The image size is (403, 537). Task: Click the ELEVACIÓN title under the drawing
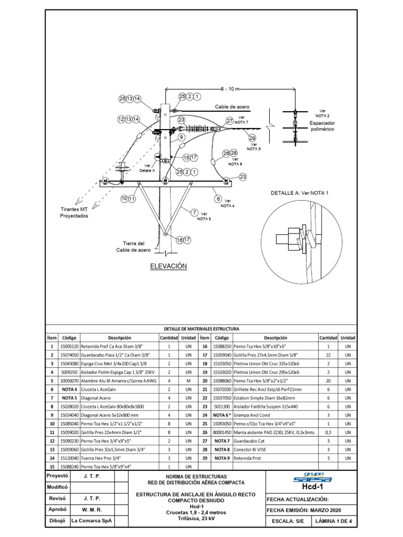(169, 266)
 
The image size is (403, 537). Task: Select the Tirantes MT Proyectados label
(74, 212)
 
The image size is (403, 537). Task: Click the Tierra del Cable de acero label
(133, 247)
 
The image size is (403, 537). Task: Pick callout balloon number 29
(252, 138)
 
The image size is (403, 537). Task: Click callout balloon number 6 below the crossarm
(217, 198)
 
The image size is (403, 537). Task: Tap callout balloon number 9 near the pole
(181, 137)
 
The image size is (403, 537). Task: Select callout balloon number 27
(229, 121)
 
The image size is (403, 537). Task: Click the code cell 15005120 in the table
(70, 347)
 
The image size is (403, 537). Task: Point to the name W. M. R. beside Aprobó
(92, 509)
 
